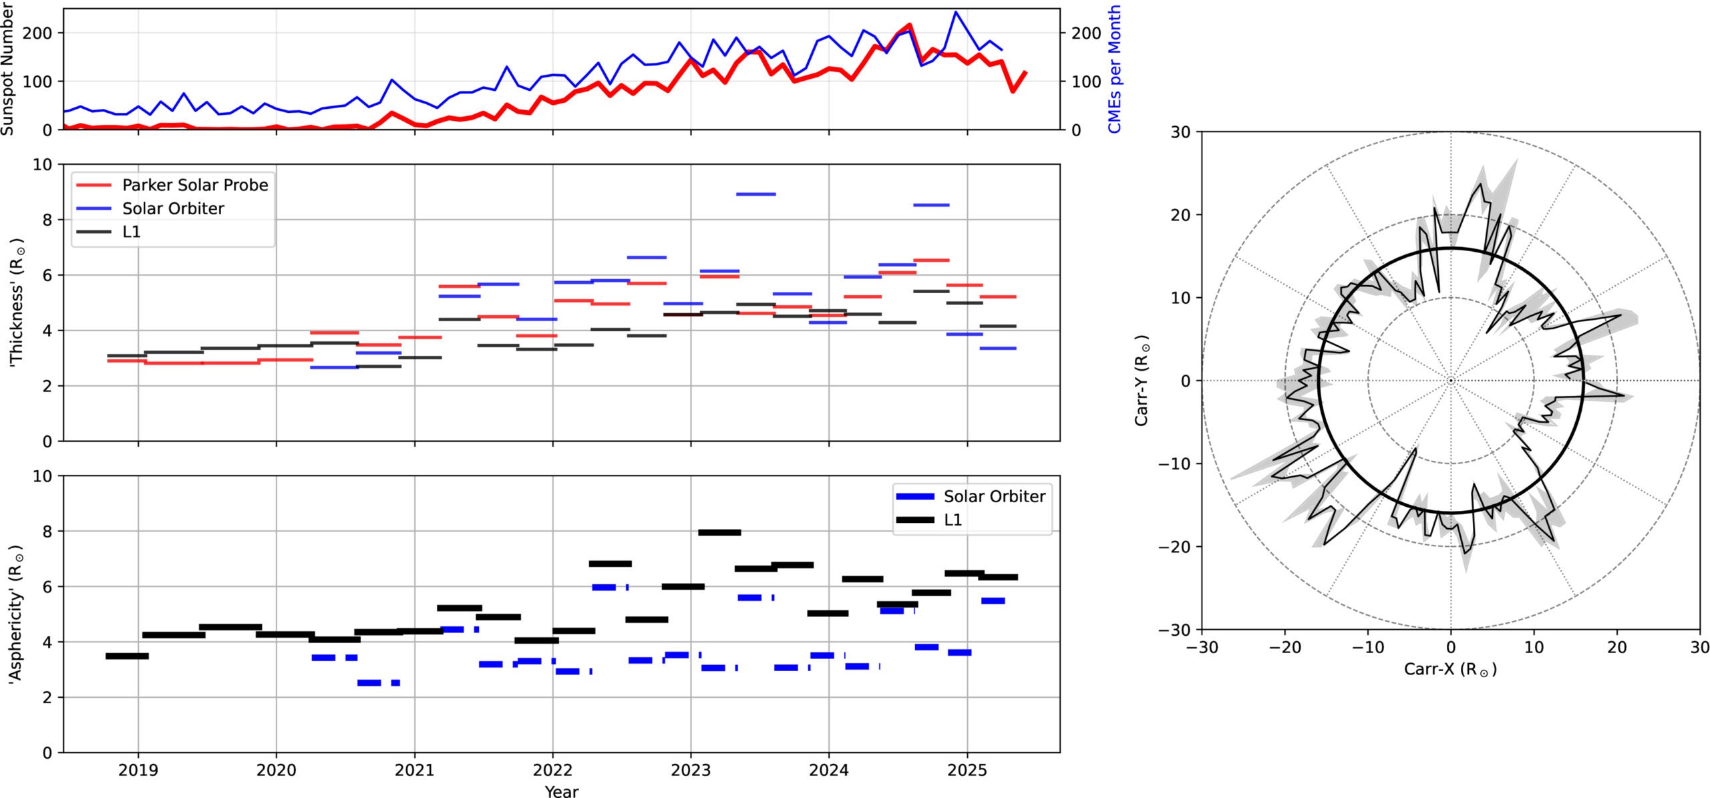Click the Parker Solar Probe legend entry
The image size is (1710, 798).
194,185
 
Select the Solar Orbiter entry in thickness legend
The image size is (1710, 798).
172,208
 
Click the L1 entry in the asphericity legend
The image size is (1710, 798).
953,520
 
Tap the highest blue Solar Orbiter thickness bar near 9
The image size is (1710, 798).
755,194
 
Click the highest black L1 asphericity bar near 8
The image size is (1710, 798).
719,532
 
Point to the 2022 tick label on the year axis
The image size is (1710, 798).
552,770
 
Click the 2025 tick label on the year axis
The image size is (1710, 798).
967,770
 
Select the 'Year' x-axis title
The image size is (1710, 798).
561,791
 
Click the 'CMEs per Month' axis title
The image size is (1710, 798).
1114,69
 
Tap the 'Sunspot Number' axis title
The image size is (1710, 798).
7,69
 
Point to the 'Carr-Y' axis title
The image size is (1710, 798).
1142,380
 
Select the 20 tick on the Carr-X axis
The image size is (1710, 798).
1616,647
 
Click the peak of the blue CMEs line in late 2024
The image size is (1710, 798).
956,12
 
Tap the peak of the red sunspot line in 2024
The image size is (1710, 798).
910,25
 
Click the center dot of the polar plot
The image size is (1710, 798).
1450,381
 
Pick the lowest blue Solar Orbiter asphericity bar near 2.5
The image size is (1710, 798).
378,682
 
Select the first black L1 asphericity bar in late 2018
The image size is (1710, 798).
127,656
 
